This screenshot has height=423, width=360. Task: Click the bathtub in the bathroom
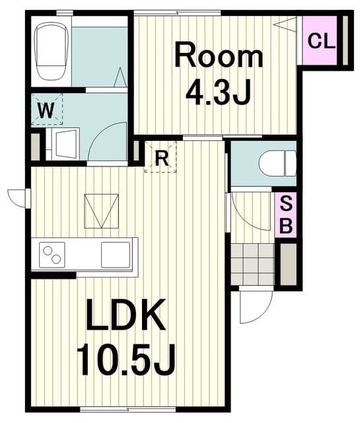tap(52, 51)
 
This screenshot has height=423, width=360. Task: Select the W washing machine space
tap(47, 109)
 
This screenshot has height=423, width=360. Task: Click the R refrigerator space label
tap(162, 158)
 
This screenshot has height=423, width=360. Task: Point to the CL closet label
tap(321, 41)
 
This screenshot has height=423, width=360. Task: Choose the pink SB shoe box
tap(286, 215)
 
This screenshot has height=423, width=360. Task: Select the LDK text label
tap(126, 315)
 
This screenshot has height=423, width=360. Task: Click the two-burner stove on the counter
tap(52, 255)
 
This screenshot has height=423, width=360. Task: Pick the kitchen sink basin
tap(116, 255)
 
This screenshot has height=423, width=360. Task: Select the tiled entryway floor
tap(253, 264)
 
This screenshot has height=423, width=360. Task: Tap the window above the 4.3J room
tap(178, 13)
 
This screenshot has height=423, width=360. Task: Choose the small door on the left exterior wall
tap(19, 198)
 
